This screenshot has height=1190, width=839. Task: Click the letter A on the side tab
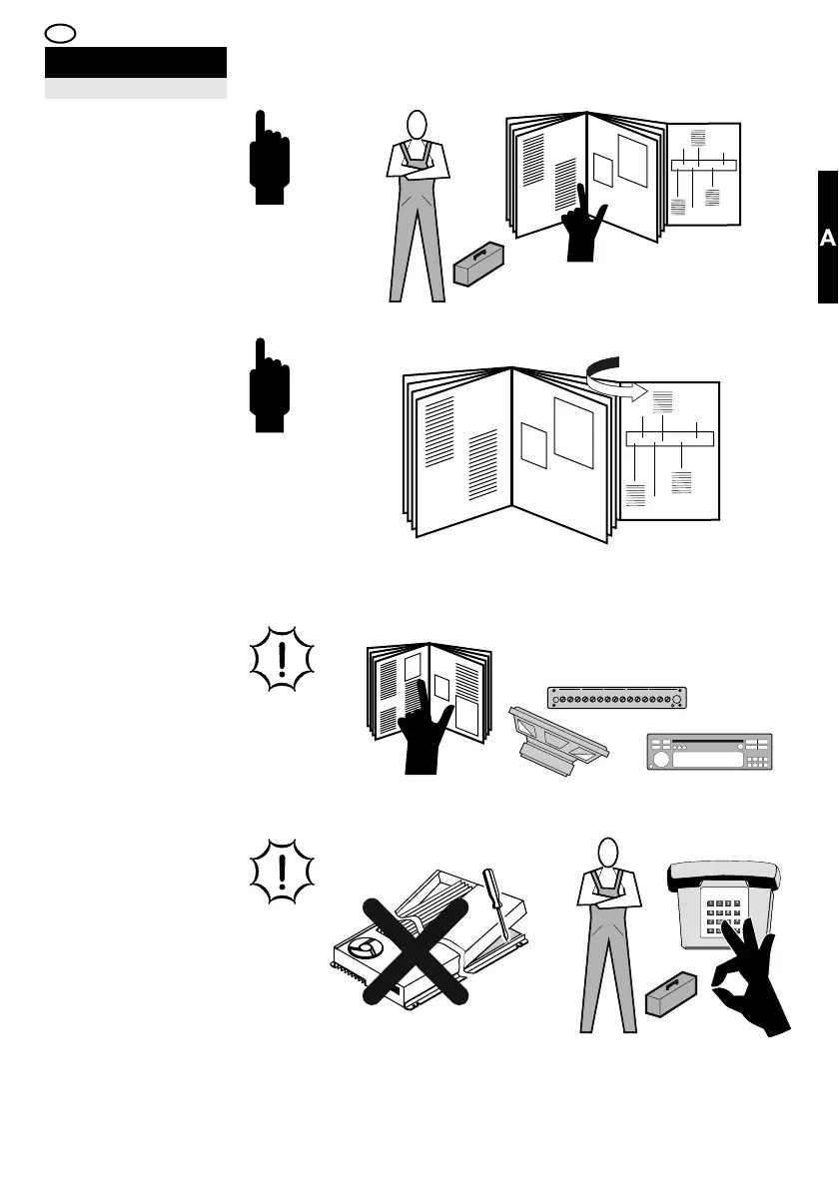click(827, 239)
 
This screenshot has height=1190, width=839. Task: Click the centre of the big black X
click(414, 948)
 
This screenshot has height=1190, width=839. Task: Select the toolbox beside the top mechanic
click(478, 265)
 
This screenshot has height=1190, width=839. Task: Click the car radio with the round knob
click(708, 752)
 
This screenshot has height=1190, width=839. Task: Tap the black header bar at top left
click(135, 62)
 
